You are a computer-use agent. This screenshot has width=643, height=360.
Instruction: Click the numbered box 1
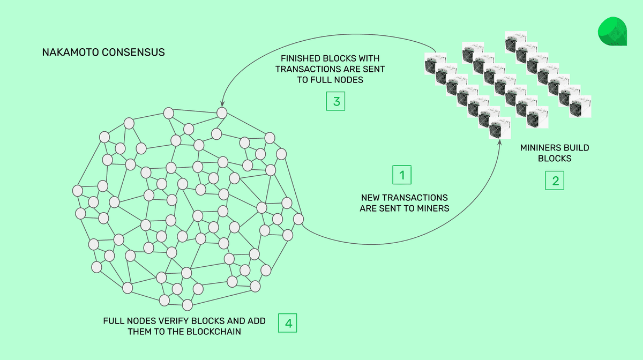coord(402,175)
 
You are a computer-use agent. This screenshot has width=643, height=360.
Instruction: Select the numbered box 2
coord(555,181)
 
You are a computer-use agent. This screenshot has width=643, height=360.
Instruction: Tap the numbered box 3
coord(336,101)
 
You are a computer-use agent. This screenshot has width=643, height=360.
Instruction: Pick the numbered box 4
coord(288,323)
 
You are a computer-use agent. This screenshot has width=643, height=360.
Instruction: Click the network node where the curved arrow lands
coord(221,113)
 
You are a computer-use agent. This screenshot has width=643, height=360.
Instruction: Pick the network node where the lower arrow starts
coord(298,219)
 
